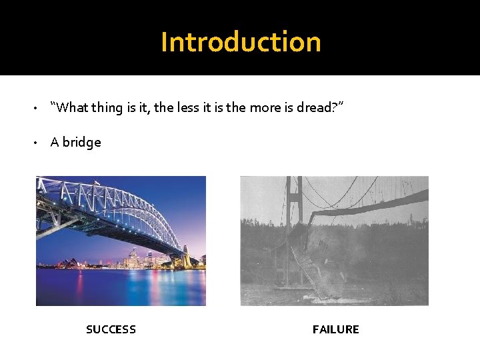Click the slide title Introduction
coord(241,42)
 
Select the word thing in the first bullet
coord(106,108)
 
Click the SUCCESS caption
coord(111,329)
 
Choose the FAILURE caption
coord(335,329)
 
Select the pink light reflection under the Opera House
coord(79,283)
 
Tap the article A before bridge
coord(55,142)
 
